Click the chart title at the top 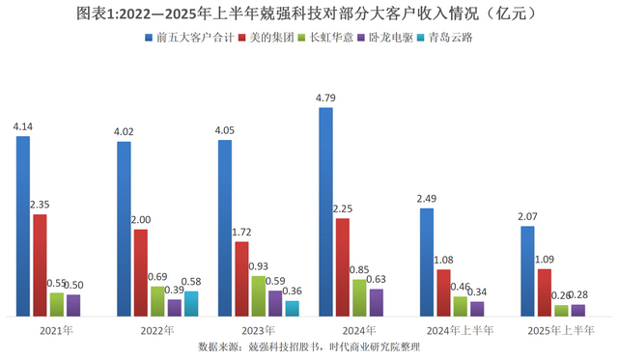coord(309,14)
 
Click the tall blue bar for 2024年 coord(325,211)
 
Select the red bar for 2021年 coord(40,264)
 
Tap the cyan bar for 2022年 coord(191,303)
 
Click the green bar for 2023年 coord(259,295)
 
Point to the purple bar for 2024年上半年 coord(477,308)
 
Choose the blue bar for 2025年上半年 coord(527,271)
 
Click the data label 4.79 coord(325,97)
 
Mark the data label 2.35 coord(41,205)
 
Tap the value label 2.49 coord(427,199)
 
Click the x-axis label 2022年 coord(155,330)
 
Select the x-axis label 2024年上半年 coord(460,330)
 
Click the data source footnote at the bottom coord(309,346)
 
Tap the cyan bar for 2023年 coord(292,308)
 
